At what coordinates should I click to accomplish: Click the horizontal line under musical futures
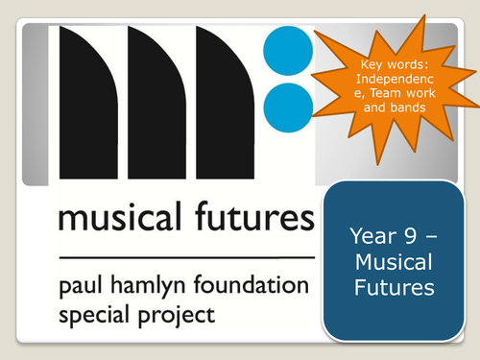tap(186, 257)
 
